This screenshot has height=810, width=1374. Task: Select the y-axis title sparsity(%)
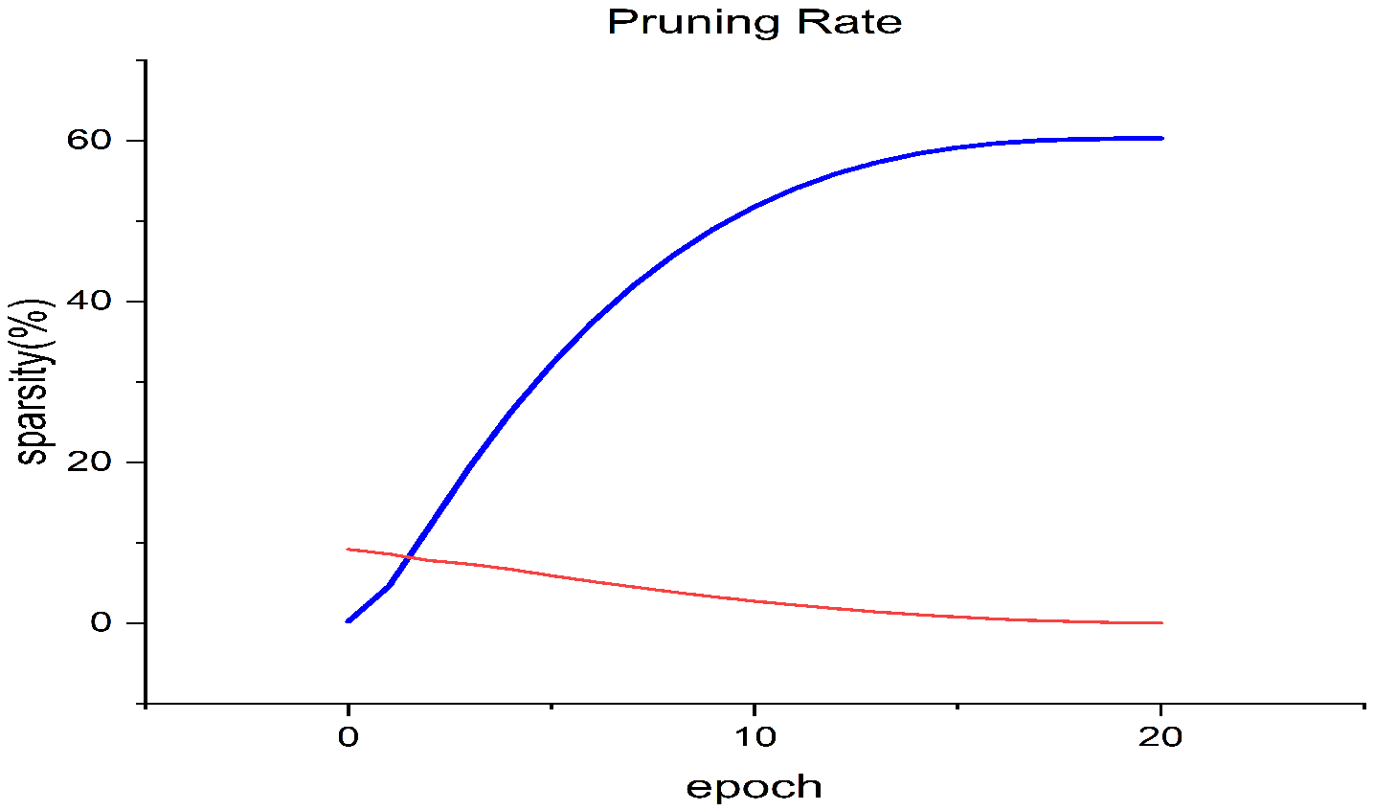(x=34, y=382)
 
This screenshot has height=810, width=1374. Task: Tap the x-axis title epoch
(x=754, y=788)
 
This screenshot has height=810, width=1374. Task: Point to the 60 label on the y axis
(x=91, y=140)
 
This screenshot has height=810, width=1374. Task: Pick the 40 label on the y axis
(x=91, y=301)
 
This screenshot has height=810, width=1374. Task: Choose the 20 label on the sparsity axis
(x=91, y=461)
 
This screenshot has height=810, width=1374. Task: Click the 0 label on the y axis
(x=102, y=622)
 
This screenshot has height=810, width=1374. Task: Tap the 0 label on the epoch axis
(x=349, y=737)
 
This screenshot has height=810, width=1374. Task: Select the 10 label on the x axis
(x=755, y=737)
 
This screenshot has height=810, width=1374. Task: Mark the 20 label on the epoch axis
(x=1160, y=737)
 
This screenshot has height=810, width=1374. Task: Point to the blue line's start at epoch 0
(x=349, y=620)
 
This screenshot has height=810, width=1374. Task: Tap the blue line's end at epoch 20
(x=1160, y=138)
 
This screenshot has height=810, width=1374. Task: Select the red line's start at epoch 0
(x=349, y=549)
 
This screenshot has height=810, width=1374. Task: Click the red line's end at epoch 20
(x=1160, y=622)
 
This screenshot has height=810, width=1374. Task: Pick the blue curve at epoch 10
(x=755, y=206)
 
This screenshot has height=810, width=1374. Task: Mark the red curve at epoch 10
(x=755, y=600)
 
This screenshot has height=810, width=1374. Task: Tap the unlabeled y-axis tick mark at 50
(x=142, y=220)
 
